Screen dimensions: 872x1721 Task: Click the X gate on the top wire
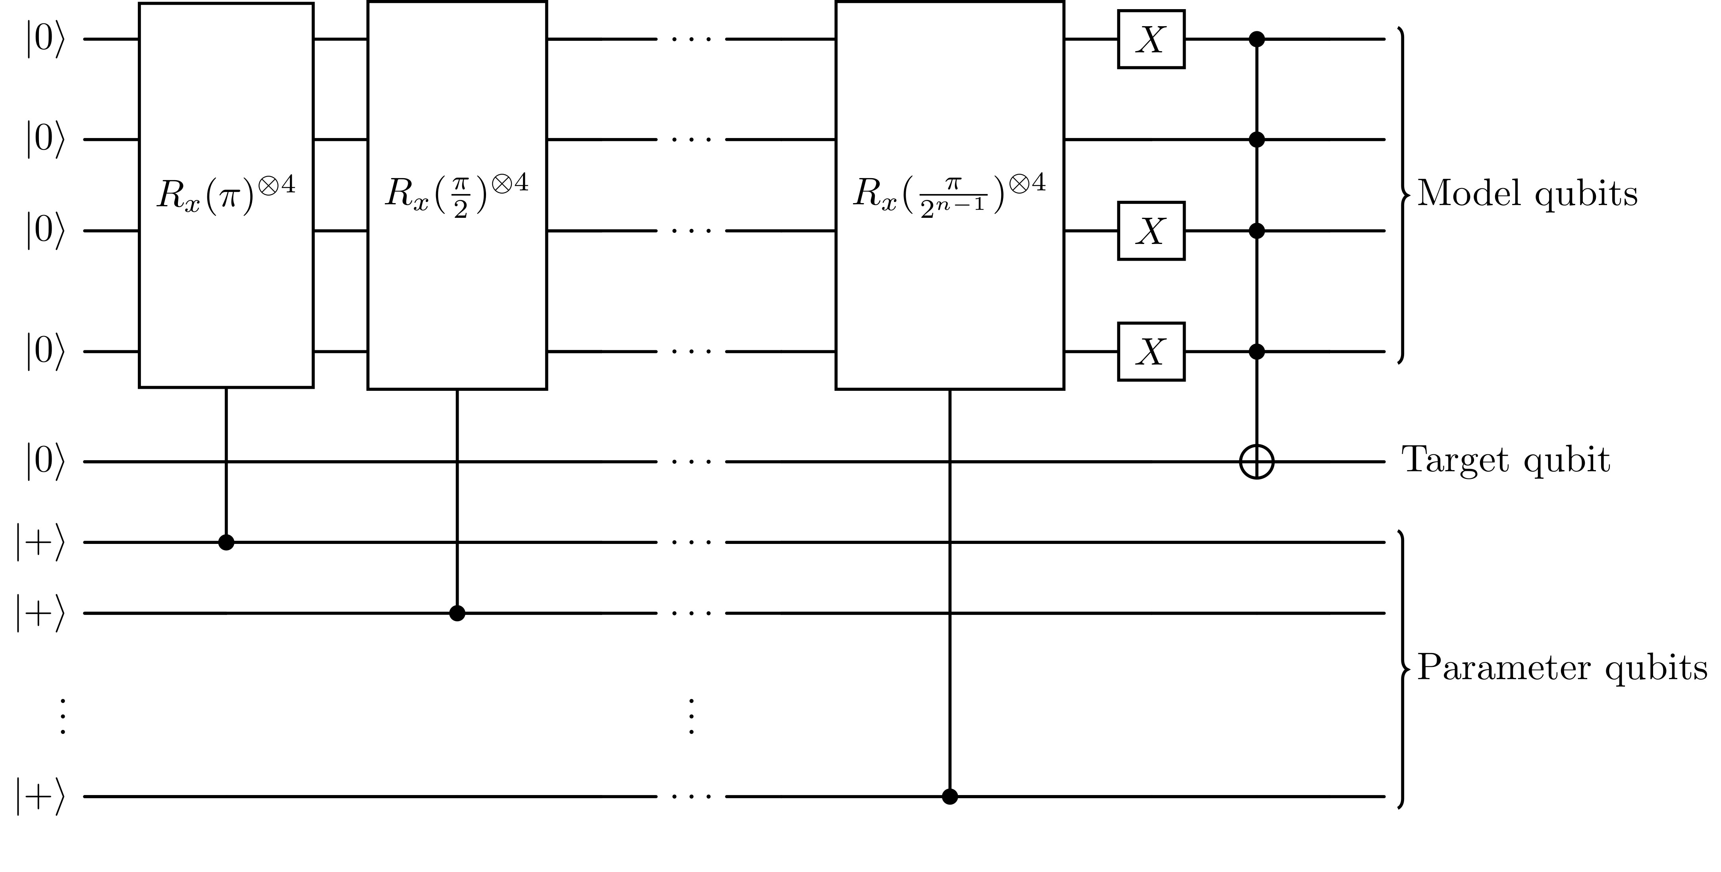tap(1151, 39)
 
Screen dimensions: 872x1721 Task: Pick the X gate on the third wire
tap(1151, 231)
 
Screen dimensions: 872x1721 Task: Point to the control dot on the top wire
tap(1257, 39)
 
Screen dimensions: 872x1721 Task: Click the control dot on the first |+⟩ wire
tap(226, 542)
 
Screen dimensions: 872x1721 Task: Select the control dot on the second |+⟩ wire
tap(457, 613)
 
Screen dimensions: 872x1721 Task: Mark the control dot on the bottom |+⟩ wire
tap(949, 797)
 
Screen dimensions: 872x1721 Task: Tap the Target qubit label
tap(1505, 461)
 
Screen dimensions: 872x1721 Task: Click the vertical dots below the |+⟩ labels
tap(62, 716)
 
